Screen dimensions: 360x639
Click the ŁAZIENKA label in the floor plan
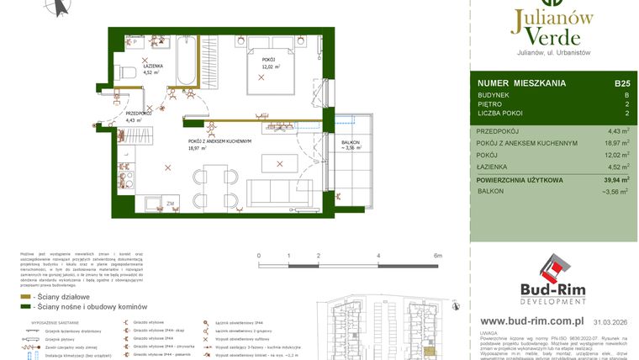152,65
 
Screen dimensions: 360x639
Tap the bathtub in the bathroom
187,60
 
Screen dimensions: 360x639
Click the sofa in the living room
269,189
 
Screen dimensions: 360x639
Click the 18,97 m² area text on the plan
198,147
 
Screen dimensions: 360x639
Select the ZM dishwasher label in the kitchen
170,204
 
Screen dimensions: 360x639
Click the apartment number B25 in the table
622,83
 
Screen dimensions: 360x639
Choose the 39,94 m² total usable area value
615,179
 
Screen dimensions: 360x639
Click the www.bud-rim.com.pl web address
532,320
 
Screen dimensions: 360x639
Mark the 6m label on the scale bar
437,255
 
